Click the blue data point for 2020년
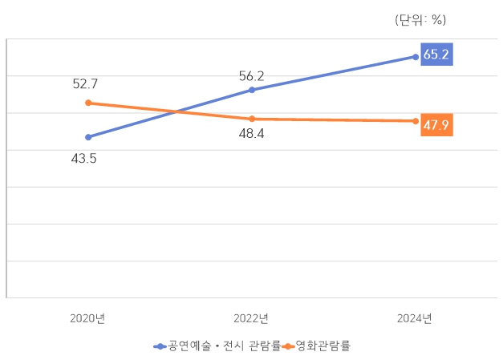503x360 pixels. [x=88, y=137]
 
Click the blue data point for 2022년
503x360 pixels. [x=252, y=90]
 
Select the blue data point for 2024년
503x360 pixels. [x=415, y=57]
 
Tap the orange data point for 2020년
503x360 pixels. [x=88, y=103]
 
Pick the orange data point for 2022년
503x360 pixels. [x=252, y=119]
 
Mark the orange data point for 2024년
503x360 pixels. [x=415, y=121]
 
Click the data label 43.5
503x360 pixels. [x=83, y=159]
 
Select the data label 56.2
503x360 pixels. [x=251, y=76]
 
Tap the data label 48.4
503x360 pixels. [x=251, y=134]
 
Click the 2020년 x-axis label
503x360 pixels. [x=87, y=318]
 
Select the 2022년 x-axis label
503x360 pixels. [x=251, y=318]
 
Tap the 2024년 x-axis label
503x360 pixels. [x=415, y=318]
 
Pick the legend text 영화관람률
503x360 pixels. [x=323, y=346]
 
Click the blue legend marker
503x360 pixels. [x=160, y=346]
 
